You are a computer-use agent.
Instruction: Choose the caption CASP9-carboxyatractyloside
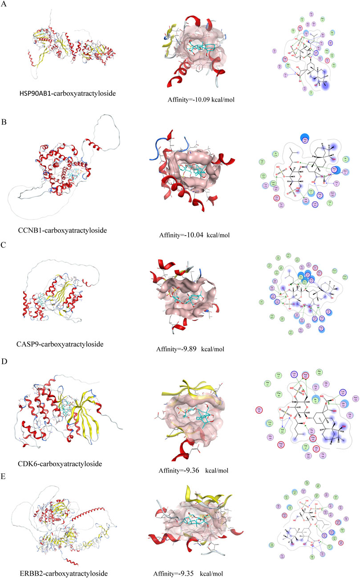[x=65, y=344]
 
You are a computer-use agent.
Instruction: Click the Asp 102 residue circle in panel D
[x=281, y=444]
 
